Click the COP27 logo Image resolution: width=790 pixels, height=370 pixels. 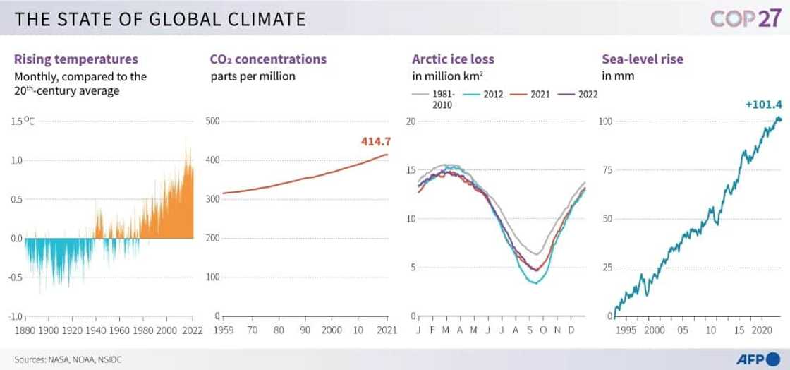point(744,18)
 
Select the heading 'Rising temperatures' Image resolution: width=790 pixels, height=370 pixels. point(76,59)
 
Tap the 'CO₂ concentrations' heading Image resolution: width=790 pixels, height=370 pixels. point(268,59)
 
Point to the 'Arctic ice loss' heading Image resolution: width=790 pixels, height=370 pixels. point(453,59)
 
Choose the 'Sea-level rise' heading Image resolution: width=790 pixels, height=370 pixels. point(642,59)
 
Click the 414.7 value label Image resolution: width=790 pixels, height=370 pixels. point(375,142)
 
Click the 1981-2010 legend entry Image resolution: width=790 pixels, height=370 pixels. point(437,99)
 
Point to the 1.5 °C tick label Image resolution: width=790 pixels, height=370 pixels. point(23,121)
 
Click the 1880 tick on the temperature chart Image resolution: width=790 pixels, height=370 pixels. point(25,330)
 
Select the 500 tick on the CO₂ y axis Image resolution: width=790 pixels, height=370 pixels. point(213,121)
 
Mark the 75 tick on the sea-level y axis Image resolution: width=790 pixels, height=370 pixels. point(605,170)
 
